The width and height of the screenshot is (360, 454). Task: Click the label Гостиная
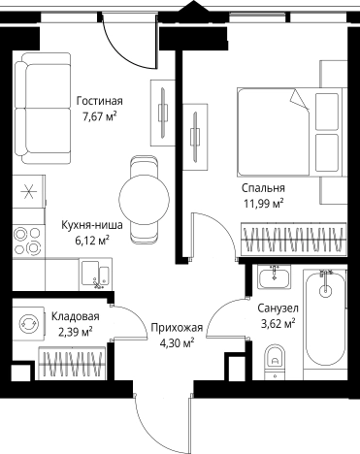[99, 99]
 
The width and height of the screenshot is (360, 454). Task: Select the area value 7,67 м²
[98, 115]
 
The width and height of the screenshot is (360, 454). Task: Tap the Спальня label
[264, 187]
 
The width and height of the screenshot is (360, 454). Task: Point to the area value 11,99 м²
[264, 204]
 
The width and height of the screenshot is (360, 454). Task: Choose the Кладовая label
[76, 316]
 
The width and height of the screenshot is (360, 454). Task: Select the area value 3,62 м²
[277, 324]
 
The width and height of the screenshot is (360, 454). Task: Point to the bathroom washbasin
[276, 279]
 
